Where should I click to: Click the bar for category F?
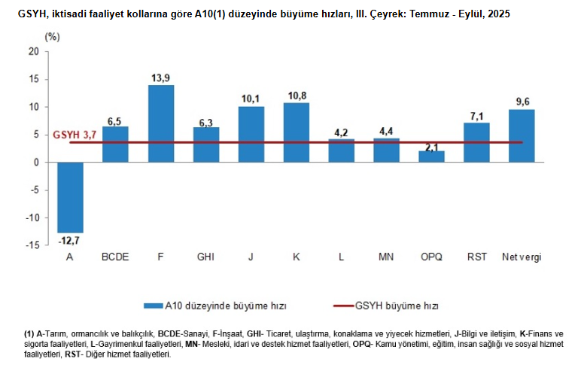(160, 123)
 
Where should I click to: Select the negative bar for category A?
(70, 197)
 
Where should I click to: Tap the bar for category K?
(296, 132)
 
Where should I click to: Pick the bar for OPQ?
(431, 157)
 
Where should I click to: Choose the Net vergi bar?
(522, 135)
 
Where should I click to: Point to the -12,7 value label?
(70, 241)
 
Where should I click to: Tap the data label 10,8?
(297, 96)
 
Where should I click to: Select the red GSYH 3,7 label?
(75, 135)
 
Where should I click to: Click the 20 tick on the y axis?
(32, 51)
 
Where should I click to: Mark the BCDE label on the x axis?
(115, 257)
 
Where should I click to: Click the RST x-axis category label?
(476, 257)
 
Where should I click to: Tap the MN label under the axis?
(386, 257)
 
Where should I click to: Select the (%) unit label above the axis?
(52, 35)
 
